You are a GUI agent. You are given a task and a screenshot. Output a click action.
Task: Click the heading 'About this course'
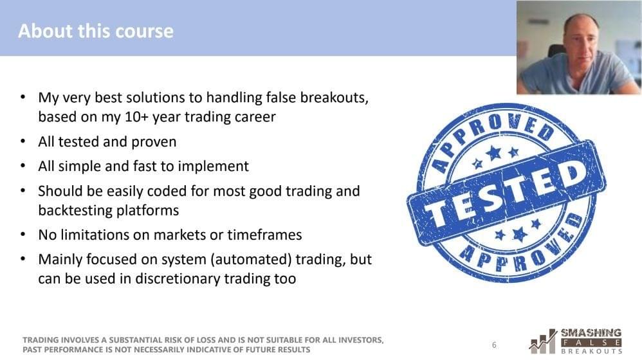point(96,31)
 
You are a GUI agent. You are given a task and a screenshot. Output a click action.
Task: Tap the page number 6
point(494,345)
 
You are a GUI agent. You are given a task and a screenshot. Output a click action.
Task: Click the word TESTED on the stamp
point(506,192)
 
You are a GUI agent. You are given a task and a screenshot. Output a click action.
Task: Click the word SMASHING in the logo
point(591,332)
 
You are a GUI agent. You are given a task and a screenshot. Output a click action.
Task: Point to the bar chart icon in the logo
point(543,341)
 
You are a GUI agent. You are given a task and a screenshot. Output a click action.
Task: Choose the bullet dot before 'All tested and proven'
point(23,142)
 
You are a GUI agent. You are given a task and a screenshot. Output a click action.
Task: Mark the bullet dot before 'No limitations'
point(23,235)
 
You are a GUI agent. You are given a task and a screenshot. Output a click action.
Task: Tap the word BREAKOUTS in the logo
point(591,351)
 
